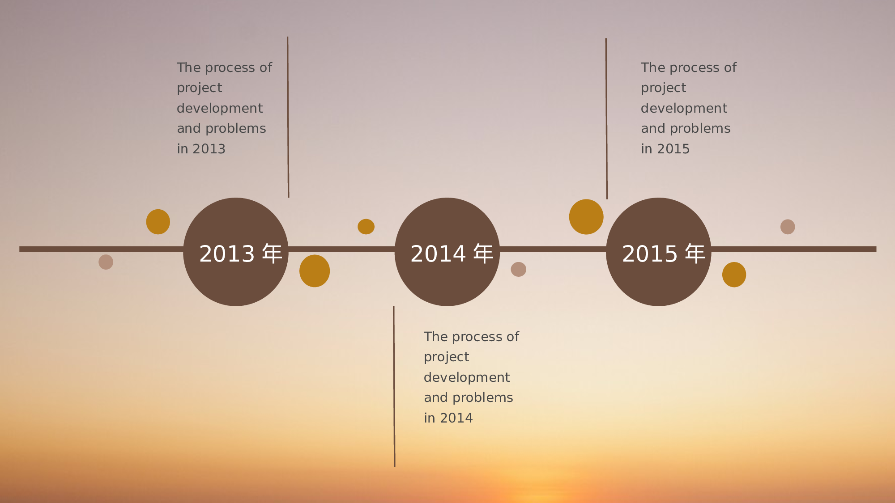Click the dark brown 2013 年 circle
[236, 252]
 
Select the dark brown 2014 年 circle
[447, 252]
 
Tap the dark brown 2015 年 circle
[658, 252]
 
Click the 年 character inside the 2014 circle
[483, 254]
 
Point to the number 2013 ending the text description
[209, 149]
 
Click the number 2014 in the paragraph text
[456, 418]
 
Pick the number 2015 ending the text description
[673, 149]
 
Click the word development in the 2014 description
[467, 377]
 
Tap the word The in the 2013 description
[189, 68]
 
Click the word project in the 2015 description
[663, 88]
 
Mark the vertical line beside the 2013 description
[288, 117]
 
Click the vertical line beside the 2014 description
[394, 387]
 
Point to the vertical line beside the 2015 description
[606, 118]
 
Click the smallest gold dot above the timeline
[366, 227]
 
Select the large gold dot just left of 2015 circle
[586, 217]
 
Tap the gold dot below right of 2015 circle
[734, 275]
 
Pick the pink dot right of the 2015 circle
[788, 227]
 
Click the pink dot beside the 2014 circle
[519, 269]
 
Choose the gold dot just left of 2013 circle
[158, 222]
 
